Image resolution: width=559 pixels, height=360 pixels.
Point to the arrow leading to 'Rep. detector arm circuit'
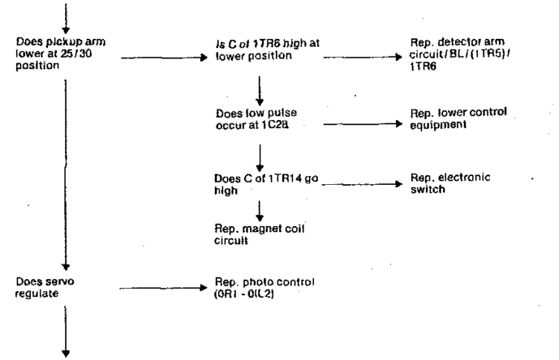click(x=360, y=58)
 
